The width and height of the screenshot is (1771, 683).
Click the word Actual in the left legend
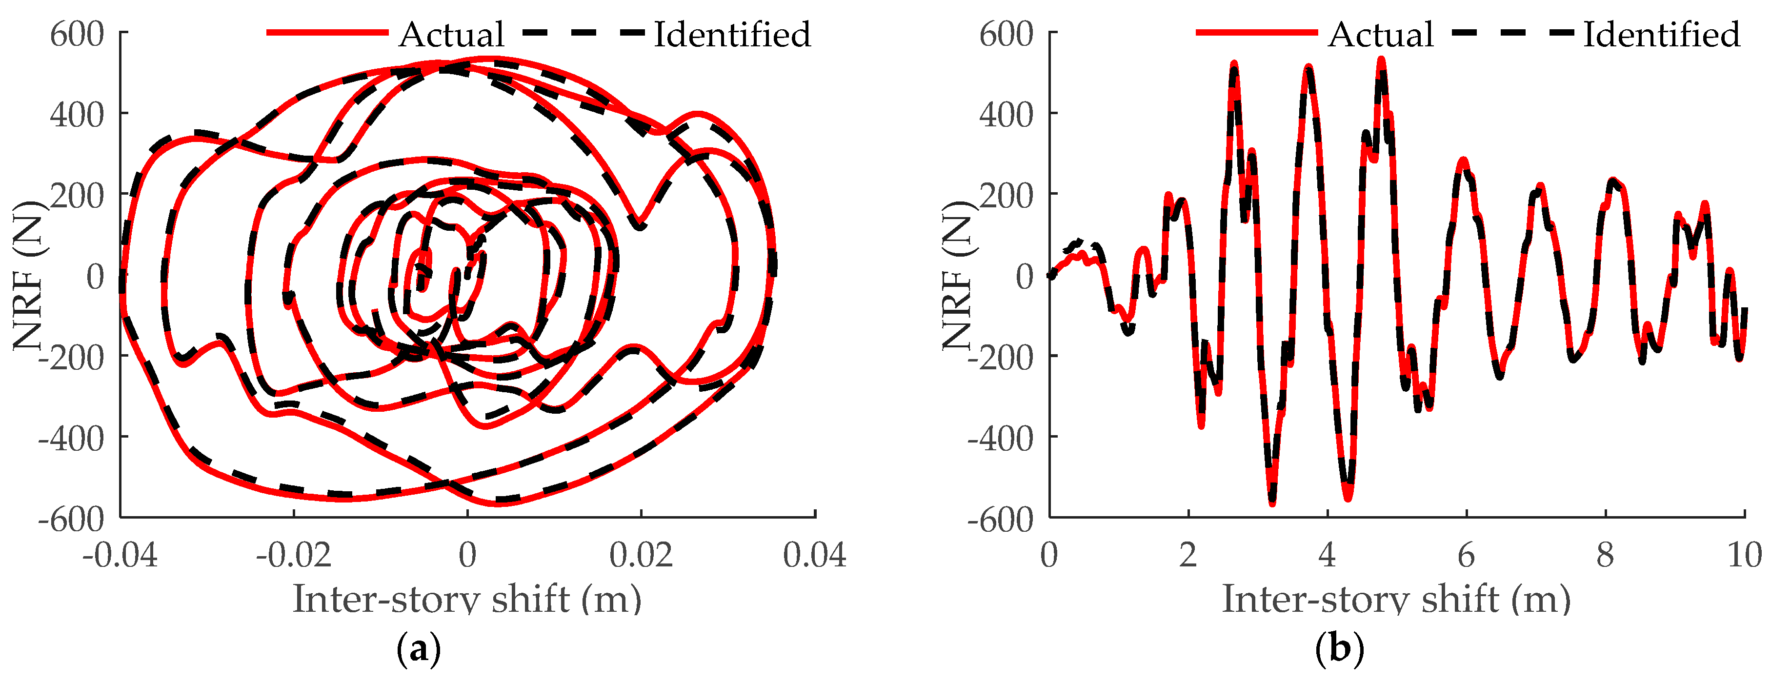click(x=452, y=34)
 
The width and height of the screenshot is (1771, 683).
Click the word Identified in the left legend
click(x=732, y=34)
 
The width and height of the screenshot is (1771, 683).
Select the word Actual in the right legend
click(x=1381, y=34)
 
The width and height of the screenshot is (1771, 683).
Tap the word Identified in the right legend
click(x=1662, y=34)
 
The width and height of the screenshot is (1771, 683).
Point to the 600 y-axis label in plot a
click(x=77, y=34)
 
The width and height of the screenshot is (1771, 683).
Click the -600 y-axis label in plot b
click(x=1000, y=519)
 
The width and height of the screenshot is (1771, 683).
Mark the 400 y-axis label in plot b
click(x=1006, y=115)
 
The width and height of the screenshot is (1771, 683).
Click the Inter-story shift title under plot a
click(x=467, y=599)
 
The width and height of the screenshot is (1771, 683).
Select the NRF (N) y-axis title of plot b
click(x=958, y=275)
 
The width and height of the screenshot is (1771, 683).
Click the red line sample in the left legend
click(x=327, y=32)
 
